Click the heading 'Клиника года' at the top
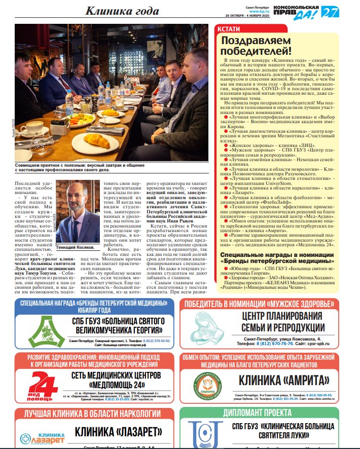point(122,11)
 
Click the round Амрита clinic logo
point(208,385)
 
